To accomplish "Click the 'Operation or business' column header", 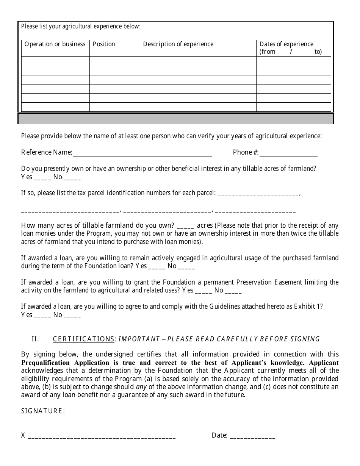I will click(55, 44).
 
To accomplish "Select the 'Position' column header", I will click(104, 44).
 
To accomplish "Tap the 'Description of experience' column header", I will click(178, 44).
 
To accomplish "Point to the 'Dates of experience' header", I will click(286, 44).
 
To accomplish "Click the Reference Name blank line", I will click(142, 153).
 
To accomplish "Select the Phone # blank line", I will click(288, 153).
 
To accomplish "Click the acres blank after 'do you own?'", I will click(185, 226).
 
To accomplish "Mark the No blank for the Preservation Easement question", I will click(233, 291).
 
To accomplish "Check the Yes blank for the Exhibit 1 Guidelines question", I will click(42, 316).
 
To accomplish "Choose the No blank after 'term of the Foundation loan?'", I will click(186, 267).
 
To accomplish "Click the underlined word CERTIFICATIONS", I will click(84, 339).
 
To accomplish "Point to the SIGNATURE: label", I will click(43, 411).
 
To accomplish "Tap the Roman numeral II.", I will click(35, 339).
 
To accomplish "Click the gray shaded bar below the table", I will click(176, 119).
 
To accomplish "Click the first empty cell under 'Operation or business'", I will click(55, 61).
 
